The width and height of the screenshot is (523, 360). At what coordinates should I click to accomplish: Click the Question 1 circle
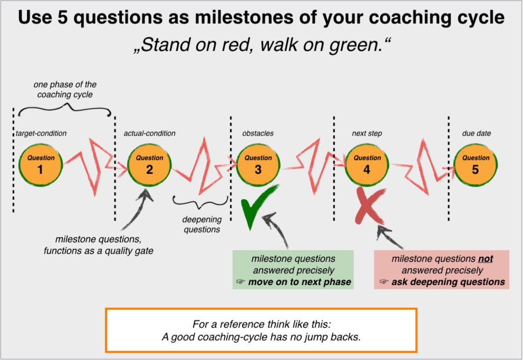[41, 163]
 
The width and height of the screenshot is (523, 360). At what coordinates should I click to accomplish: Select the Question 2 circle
[149, 163]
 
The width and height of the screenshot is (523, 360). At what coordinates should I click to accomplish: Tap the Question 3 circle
[258, 163]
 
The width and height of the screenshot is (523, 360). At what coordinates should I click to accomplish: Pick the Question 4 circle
[367, 163]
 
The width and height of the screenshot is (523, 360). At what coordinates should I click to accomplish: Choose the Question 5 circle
[476, 163]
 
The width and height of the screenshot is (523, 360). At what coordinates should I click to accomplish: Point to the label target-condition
[41, 133]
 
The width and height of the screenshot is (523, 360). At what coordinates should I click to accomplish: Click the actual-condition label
[149, 133]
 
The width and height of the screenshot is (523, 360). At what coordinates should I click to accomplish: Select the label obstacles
[258, 133]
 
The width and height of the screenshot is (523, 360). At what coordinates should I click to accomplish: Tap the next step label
[367, 133]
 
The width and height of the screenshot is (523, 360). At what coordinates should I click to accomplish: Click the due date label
[476, 133]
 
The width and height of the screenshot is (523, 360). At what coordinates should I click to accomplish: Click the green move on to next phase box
[293, 270]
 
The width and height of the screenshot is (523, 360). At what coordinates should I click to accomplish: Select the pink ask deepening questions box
[442, 270]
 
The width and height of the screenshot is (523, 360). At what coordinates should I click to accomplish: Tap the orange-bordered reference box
[261, 330]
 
